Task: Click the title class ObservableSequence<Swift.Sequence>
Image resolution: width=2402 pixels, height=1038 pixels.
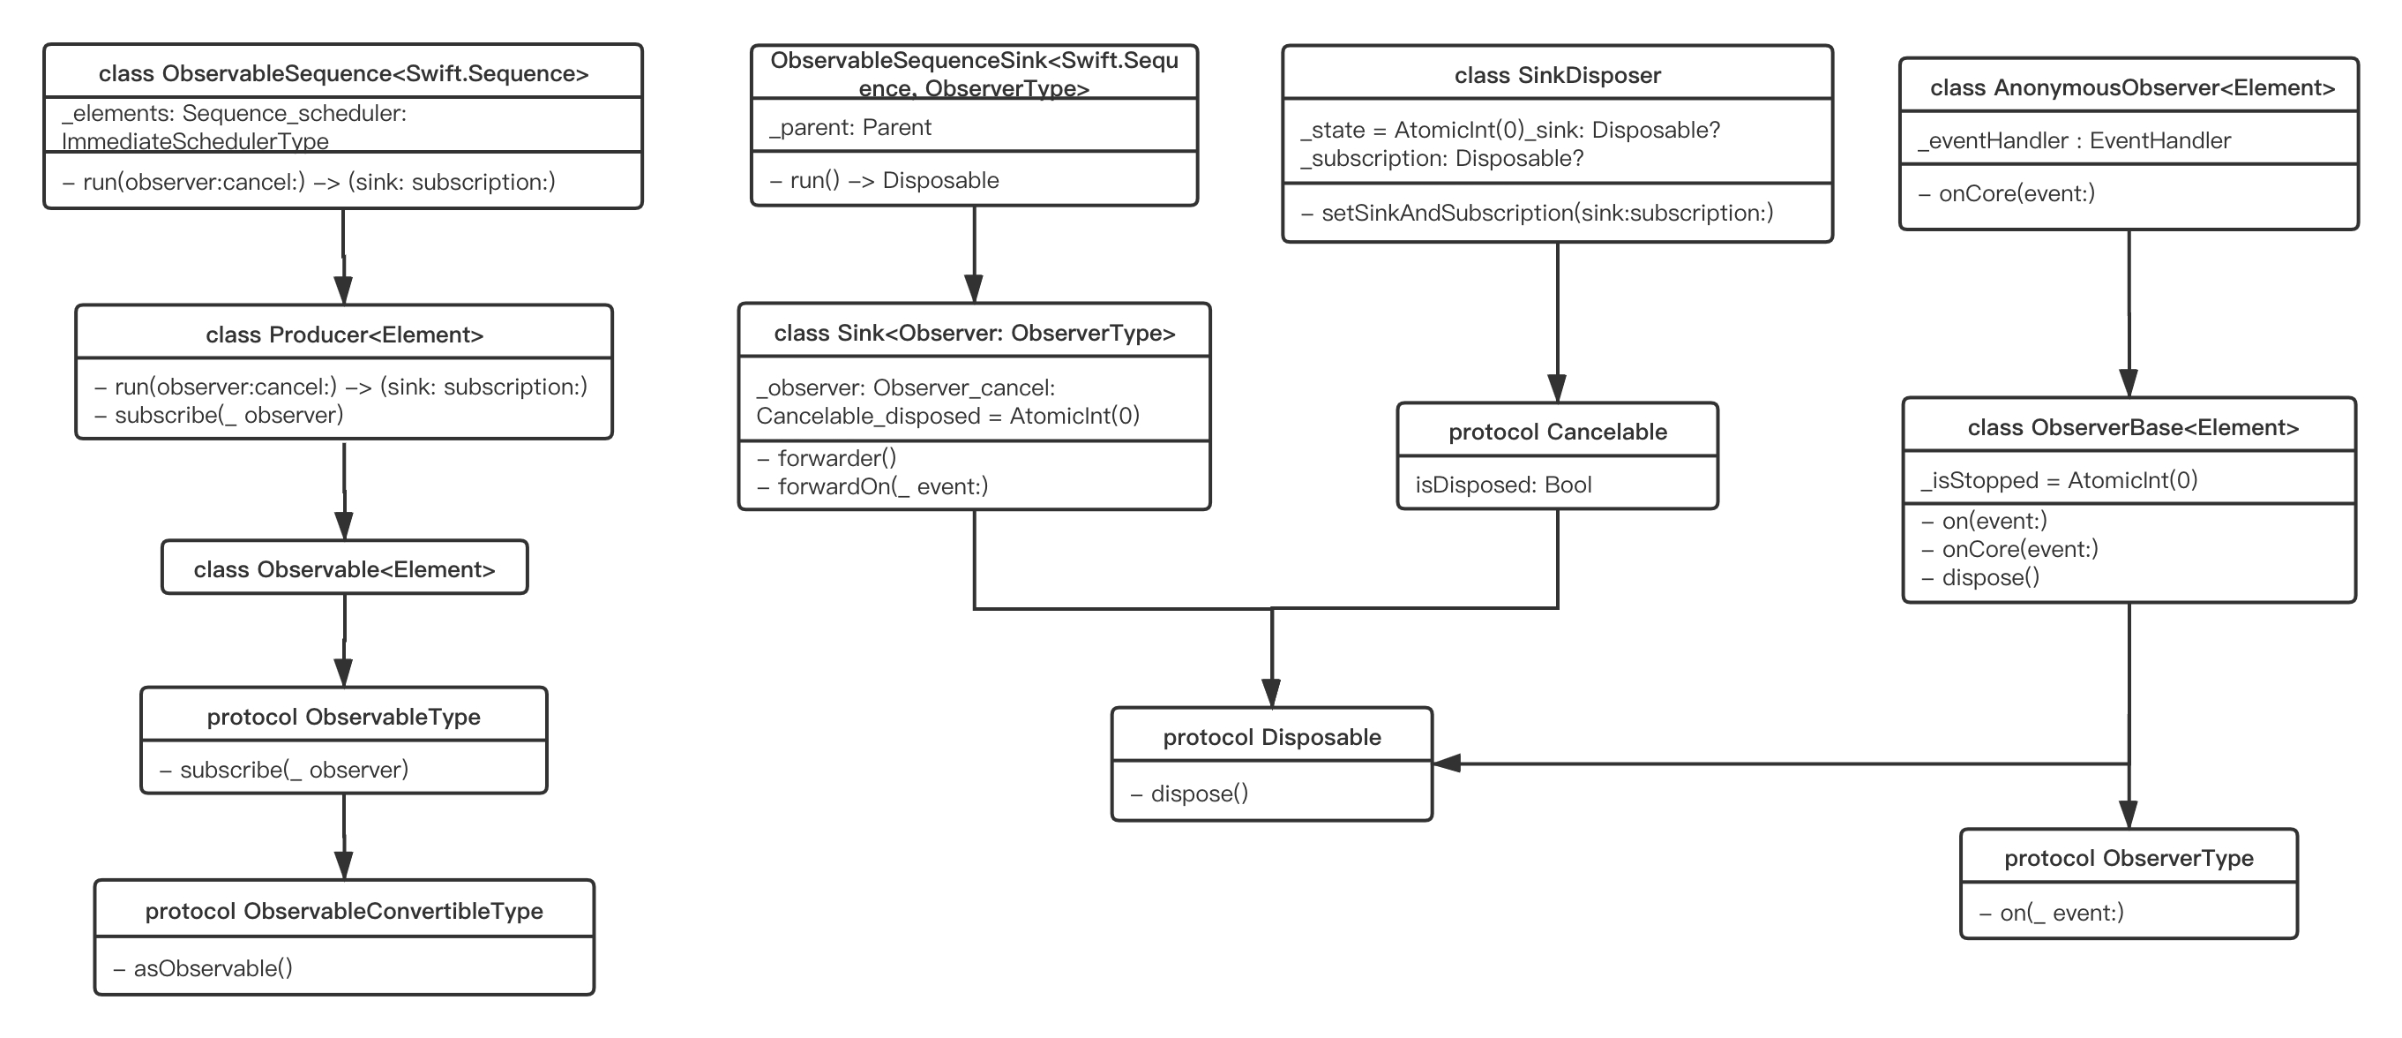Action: coord(343,73)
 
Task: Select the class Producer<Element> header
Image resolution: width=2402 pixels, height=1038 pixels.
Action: coord(344,335)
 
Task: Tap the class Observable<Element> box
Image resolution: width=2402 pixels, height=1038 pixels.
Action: coord(344,569)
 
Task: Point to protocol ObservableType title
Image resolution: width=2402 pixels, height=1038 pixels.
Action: coord(343,716)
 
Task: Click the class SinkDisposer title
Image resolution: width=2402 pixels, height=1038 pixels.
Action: coord(1557,75)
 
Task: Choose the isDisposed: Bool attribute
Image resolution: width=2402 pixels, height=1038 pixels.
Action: coord(1503,484)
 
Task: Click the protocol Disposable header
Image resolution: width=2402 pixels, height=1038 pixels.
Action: coord(1271,737)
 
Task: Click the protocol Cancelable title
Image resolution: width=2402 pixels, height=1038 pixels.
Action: coord(1557,432)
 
